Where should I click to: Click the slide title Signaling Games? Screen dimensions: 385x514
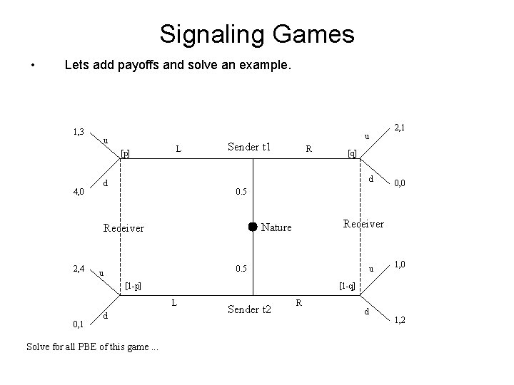[x=257, y=34]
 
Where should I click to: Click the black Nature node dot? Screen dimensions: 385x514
[x=252, y=227]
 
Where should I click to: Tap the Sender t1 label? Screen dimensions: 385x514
[x=249, y=147]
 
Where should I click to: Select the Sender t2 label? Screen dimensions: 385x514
[x=249, y=309]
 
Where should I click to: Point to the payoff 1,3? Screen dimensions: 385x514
[x=79, y=132]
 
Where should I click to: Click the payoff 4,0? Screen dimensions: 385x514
[x=79, y=191]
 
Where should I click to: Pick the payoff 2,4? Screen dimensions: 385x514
[x=79, y=269]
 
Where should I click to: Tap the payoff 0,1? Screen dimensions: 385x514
[x=79, y=324]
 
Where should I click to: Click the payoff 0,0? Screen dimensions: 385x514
[x=400, y=184]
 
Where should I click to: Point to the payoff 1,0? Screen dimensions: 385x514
[x=400, y=265]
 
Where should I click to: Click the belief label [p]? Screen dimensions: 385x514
[x=125, y=152]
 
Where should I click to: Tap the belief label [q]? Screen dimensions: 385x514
[x=351, y=153]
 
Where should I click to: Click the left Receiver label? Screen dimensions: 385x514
[x=124, y=229]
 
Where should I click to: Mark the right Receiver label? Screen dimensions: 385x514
[x=363, y=224]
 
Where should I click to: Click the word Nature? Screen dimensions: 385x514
[x=276, y=227]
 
